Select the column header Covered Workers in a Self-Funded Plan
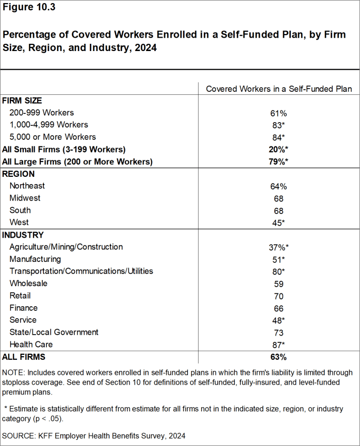(279, 89)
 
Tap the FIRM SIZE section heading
(22, 101)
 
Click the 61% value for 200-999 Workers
(279, 113)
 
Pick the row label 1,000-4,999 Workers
(48, 125)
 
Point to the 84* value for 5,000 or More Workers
(279, 137)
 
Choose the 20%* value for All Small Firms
(279, 150)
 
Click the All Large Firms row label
(77, 161)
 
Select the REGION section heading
(19, 174)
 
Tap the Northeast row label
(27, 186)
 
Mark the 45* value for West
(279, 223)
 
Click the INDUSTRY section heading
(23, 235)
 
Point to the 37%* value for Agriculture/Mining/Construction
(279, 247)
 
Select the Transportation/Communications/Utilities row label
(81, 271)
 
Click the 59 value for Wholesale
(279, 284)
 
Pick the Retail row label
(20, 295)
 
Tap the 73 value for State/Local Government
(279, 333)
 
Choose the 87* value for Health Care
(279, 344)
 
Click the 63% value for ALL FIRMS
(279, 357)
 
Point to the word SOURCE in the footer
(19, 436)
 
